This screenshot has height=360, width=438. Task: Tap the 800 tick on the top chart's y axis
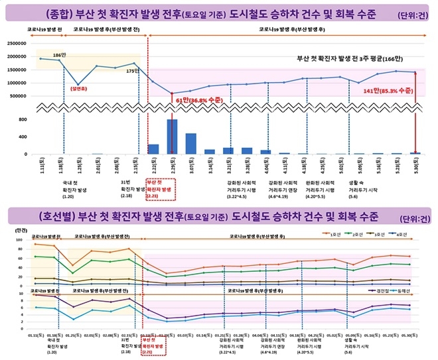coord(23,120)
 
